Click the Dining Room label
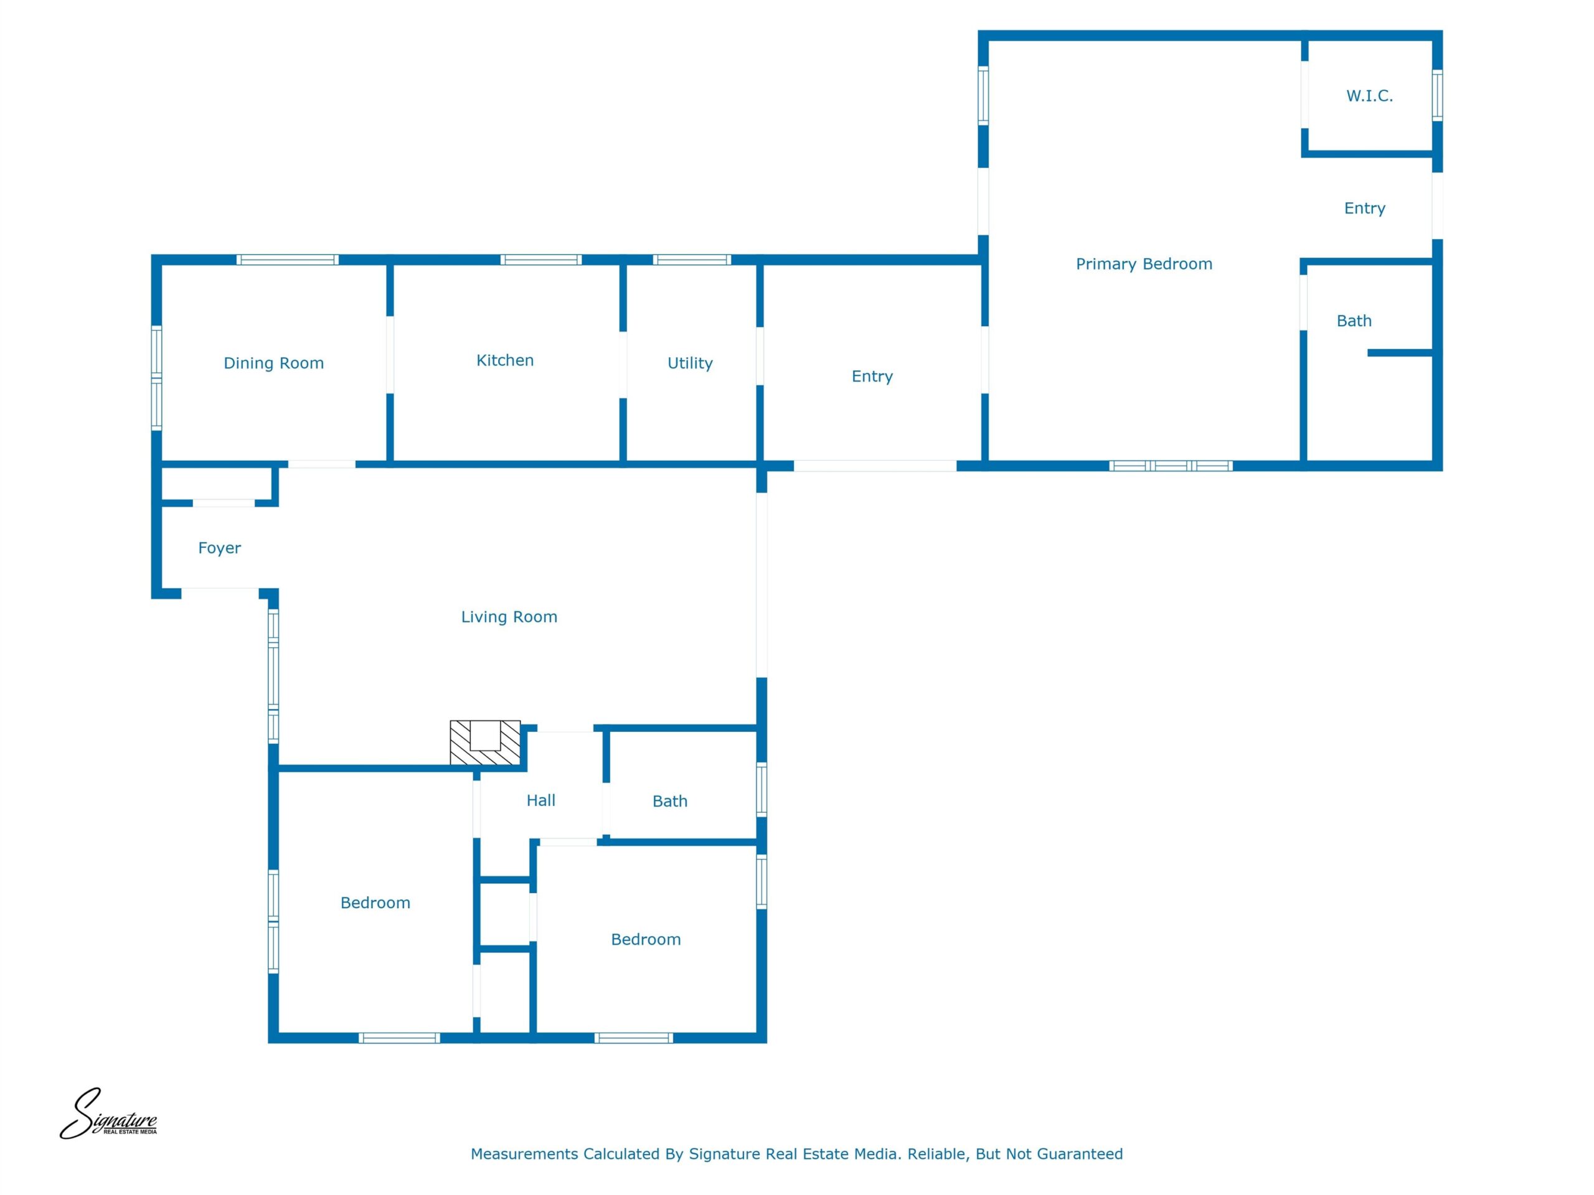pos(274,363)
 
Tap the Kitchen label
pos(505,360)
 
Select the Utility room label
pos(691,363)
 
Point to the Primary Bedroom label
pos(1144,265)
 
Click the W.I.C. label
pos(1370,96)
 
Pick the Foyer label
pos(220,548)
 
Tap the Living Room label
pos(509,617)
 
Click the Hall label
pos(541,800)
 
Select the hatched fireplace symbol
pos(485,742)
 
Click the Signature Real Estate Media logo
pos(108,1114)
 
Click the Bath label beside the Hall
pos(670,801)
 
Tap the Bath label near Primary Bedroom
pos(1355,321)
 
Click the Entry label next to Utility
pos(873,377)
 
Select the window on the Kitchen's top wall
pos(541,260)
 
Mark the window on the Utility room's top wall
pos(692,260)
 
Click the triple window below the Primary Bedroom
pos(1171,466)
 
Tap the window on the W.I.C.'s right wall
pos(1437,95)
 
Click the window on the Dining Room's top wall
pos(288,260)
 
